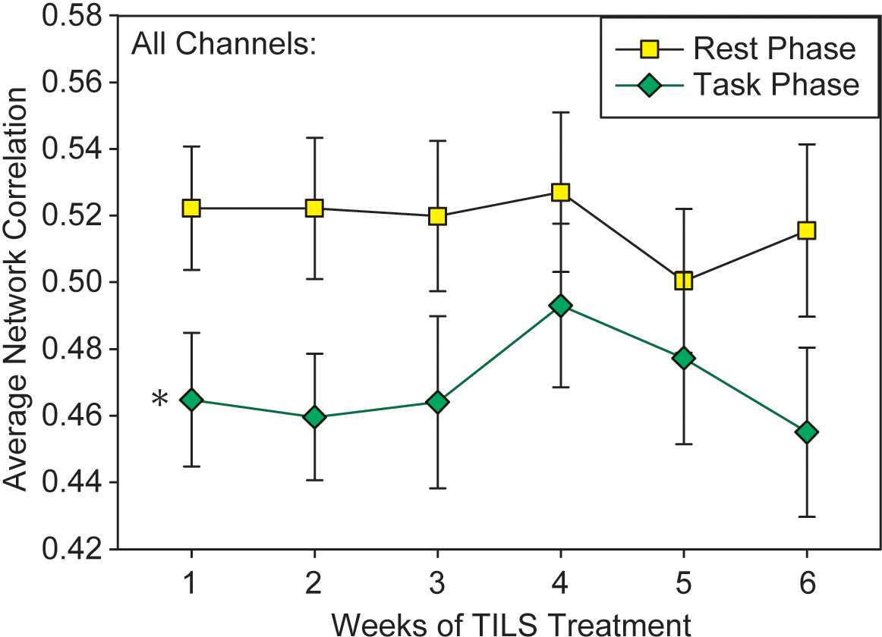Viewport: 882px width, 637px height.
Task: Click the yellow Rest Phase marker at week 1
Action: pos(191,209)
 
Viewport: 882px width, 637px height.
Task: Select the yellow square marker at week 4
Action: pos(561,192)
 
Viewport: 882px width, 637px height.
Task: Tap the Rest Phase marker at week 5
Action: pos(683,281)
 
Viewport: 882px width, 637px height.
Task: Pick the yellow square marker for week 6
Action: pos(806,231)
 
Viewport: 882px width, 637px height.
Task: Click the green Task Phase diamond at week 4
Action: pos(561,306)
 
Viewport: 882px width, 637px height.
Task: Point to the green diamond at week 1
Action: pos(191,400)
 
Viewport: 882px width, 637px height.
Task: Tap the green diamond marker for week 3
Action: pos(437,402)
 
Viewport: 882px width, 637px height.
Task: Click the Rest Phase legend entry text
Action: pos(773,49)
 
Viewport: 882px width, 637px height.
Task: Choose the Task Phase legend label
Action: pos(775,84)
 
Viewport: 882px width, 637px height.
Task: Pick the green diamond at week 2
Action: pos(314,416)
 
